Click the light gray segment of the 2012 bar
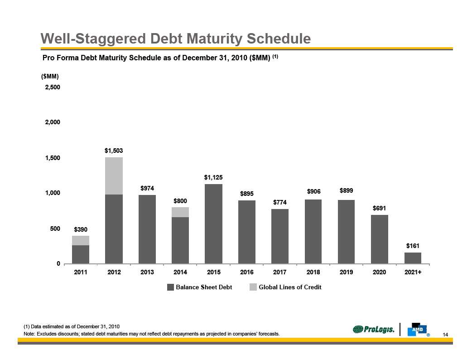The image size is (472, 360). point(114,176)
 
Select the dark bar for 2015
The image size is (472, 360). point(213,224)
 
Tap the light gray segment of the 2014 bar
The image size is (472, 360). point(180,212)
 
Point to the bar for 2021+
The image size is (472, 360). point(413,258)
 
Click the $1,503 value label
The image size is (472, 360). point(114,150)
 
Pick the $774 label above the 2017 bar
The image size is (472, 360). point(280,202)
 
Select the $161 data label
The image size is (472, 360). point(413,245)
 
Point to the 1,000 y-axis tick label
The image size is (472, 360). point(53,193)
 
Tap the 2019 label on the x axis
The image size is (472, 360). point(347,272)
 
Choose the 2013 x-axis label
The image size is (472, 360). point(147,272)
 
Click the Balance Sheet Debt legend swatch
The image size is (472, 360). point(170,287)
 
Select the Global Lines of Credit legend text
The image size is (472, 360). point(290,287)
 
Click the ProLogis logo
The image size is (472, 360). point(374,330)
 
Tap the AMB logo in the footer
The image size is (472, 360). point(417,330)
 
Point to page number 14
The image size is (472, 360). point(445,335)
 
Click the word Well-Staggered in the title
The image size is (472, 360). point(87,39)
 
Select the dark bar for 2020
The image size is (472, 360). point(380,239)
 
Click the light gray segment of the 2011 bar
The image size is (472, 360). point(81,240)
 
